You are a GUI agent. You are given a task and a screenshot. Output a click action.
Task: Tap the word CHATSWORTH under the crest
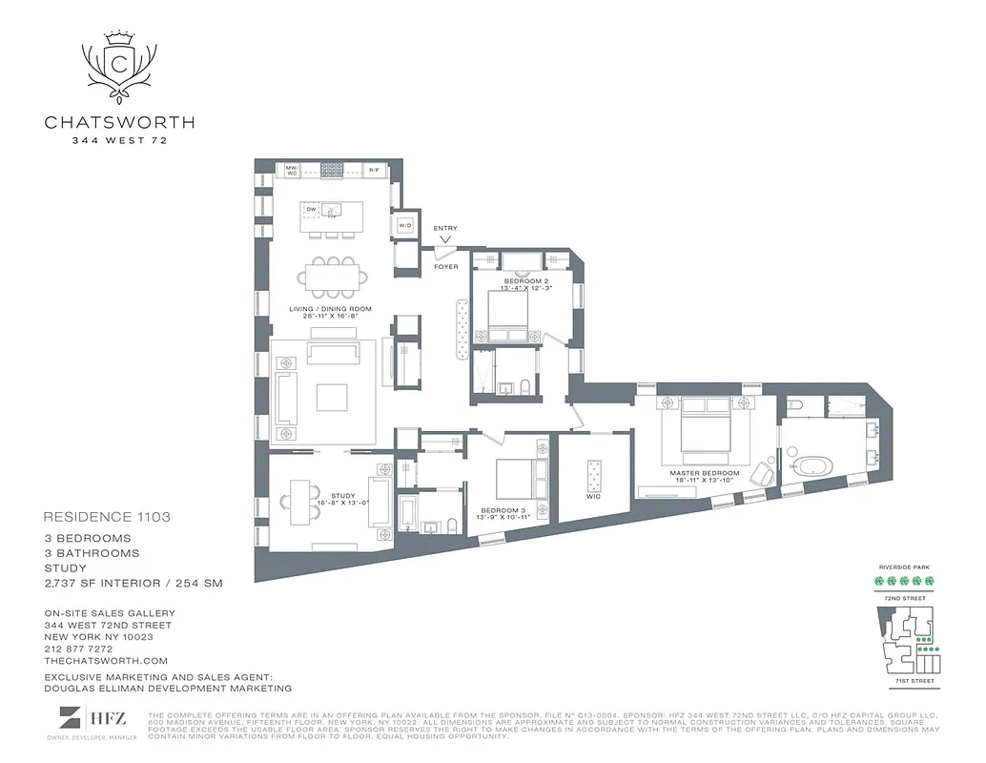[120, 122]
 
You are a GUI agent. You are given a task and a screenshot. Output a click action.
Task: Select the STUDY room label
[342, 495]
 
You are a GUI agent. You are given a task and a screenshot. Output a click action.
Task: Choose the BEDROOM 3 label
[503, 510]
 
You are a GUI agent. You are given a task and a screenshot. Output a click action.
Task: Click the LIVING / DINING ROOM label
[330, 309]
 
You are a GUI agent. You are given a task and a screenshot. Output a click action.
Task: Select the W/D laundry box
[404, 225]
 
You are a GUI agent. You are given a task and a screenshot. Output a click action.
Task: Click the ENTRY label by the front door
[445, 228]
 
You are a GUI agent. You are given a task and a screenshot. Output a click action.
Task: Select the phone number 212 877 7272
[77, 649]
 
